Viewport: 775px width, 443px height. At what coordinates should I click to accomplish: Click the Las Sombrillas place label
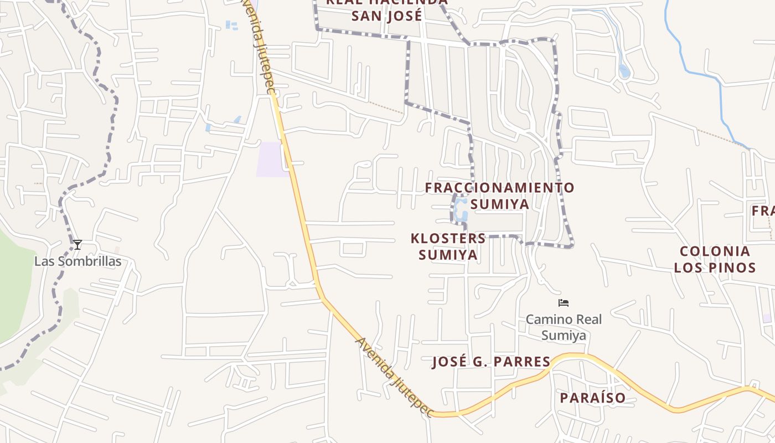[77, 261]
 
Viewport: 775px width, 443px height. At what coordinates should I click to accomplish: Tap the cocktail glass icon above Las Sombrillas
[77, 244]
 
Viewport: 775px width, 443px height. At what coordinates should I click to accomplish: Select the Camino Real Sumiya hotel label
[564, 327]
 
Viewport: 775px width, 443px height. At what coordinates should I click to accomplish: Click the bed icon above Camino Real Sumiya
[564, 303]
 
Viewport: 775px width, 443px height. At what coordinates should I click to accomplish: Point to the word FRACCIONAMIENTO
[499, 188]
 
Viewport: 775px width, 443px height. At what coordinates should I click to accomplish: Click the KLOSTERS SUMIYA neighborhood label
[448, 246]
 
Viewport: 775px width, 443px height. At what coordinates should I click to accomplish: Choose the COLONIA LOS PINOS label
[715, 259]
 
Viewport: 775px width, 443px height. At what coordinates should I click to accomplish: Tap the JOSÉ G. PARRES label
[491, 362]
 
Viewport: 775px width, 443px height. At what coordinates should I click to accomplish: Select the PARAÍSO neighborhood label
[592, 398]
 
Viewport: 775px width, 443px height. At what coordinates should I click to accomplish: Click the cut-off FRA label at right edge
[763, 211]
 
